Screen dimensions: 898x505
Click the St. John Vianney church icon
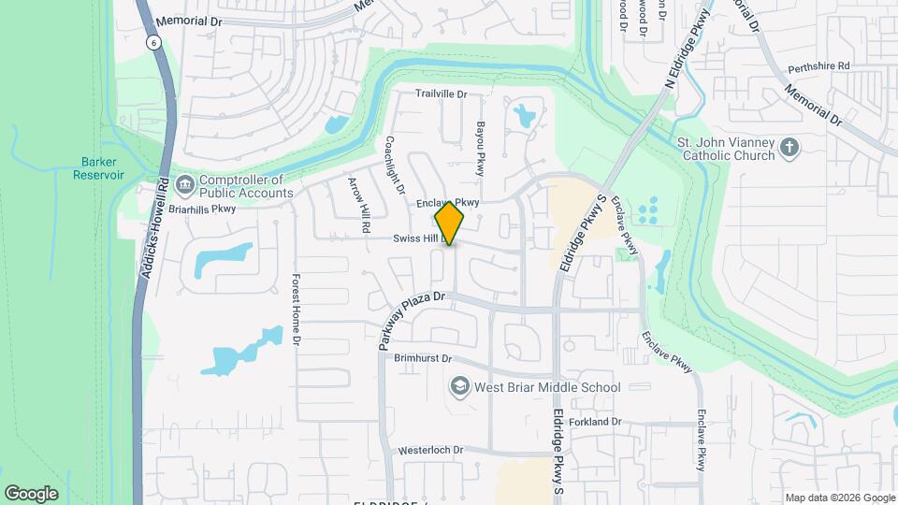pyautogui.click(x=790, y=148)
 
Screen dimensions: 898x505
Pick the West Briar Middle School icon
pyautogui.click(x=459, y=386)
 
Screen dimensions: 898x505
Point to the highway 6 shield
pyautogui.click(x=152, y=42)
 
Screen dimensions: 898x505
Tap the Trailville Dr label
pyautogui.click(x=441, y=94)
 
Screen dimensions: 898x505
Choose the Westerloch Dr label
pyautogui.click(x=430, y=450)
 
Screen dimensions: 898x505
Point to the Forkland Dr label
pyautogui.click(x=591, y=422)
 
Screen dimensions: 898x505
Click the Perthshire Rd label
pyautogui.click(x=818, y=66)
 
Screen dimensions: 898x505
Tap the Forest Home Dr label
pyautogui.click(x=296, y=310)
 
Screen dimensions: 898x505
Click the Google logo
pyautogui.click(x=31, y=493)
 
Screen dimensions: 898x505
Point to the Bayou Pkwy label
pyautogui.click(x=481, y=148)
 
